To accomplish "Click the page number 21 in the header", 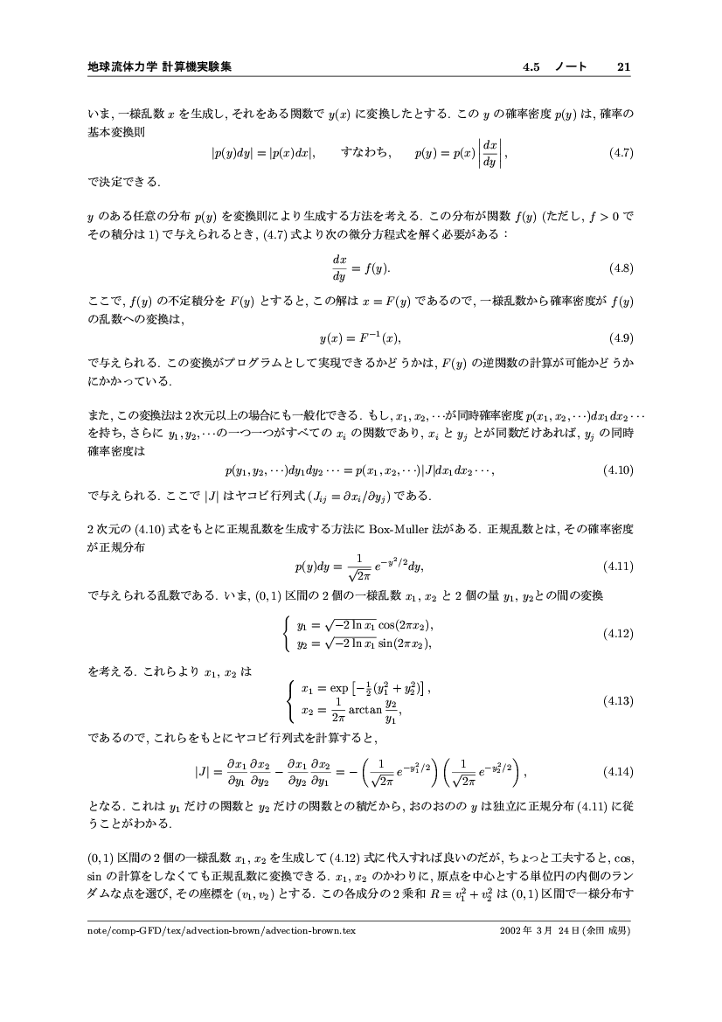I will (623, 66).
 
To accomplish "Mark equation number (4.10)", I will (617, 470).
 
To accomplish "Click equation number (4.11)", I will (617, 566).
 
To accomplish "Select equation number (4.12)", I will (617, 633).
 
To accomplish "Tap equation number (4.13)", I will (617, 700).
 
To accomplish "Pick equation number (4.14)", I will (617, 772).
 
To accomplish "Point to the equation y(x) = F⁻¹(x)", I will (359, 337).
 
